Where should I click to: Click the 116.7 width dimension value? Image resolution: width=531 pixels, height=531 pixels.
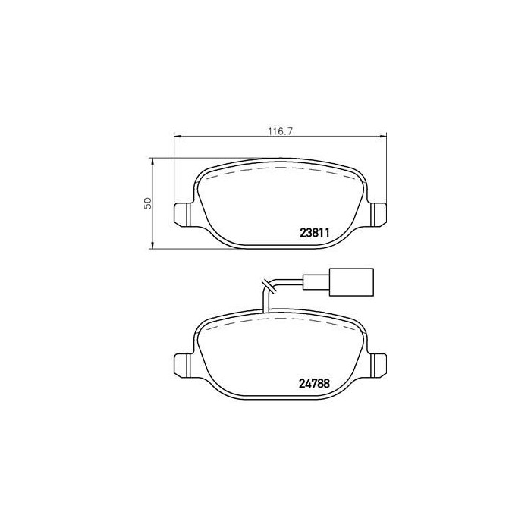point(280,130)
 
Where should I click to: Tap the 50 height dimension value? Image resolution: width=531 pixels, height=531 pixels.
point(149,203)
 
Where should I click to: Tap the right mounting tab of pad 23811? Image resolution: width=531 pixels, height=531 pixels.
point(378,214)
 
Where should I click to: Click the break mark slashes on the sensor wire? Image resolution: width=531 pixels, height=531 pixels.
point(267,287)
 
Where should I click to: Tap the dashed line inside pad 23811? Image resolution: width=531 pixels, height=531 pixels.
point(280,168)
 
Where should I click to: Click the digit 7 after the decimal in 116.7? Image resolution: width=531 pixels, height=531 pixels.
point(290,130)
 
